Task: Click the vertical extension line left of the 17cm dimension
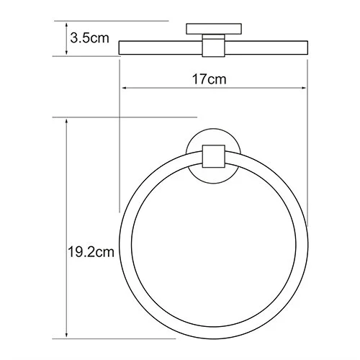click(120, 144)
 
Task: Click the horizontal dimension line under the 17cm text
click(173, 89)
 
